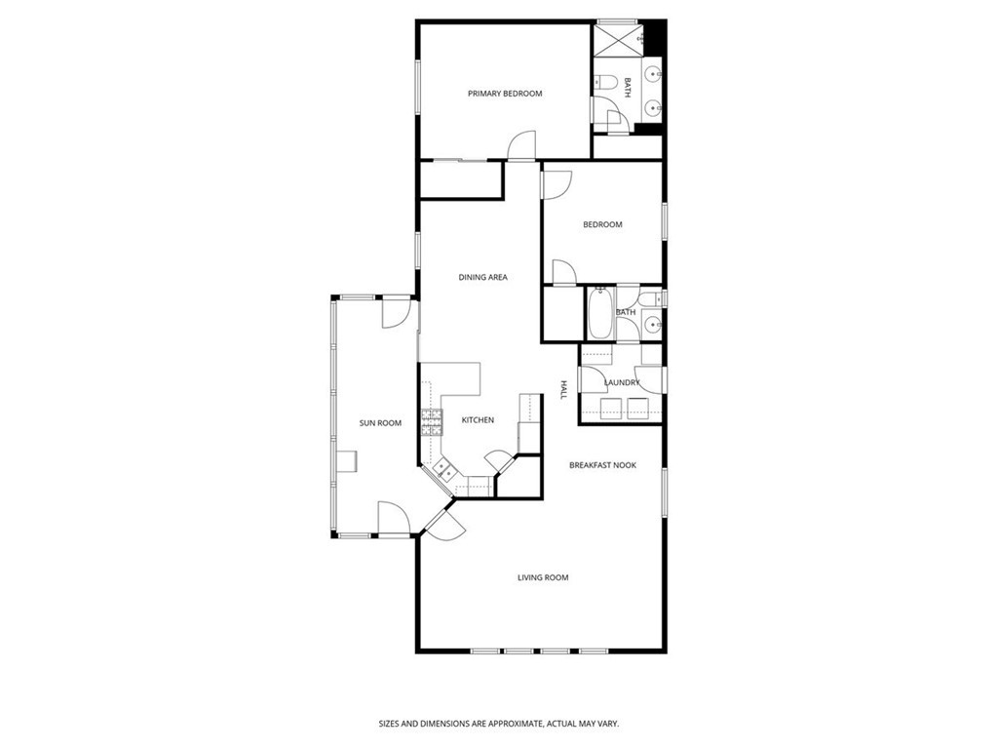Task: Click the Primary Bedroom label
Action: pos(505,94)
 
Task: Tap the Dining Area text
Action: pos(483,278)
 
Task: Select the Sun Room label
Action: pos(380,423)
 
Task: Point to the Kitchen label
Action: pos(478,420)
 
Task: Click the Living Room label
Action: pos(543,578)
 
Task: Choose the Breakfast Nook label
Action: pos(602,466)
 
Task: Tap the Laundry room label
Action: pos(622,383)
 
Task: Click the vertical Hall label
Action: pos(563,390)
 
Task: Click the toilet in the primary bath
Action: pos(603,85)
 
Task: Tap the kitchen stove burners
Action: pos(431,421)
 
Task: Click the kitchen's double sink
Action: pos(444,471)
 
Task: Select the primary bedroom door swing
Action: pos(523,146)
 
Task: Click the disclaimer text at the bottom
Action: pos(499,724)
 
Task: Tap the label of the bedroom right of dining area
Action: pos(602,225)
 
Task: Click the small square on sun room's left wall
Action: pos(347,461)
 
